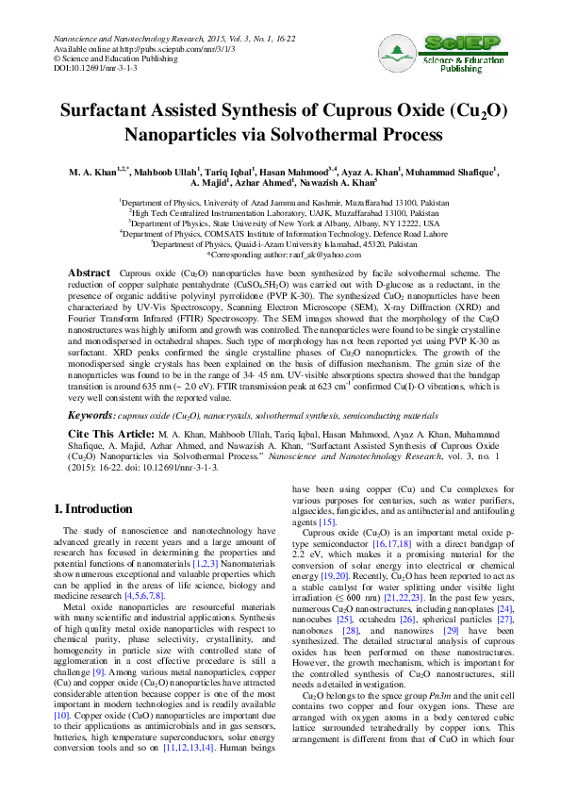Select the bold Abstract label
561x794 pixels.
click(90, 273)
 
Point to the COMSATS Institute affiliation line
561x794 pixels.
click(283, 233)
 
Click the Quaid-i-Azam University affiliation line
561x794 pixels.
click(283, 243)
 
